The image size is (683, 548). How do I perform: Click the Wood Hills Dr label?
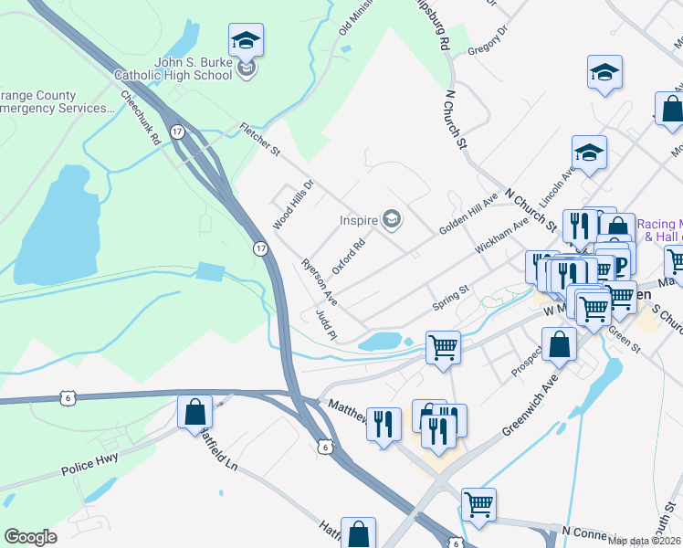pos(292,205)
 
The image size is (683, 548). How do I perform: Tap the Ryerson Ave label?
pos(320,282)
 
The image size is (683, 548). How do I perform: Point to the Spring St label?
pos(450,297)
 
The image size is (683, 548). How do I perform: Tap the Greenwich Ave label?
pos(530,406)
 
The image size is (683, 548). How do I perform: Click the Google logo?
pos(30,537)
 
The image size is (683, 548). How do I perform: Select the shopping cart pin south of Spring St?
pos(443,347)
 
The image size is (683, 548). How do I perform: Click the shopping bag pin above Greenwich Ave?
pos(560,344)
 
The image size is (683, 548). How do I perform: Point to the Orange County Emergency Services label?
pos(55,101)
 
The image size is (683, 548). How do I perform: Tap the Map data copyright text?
pos(645,541)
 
